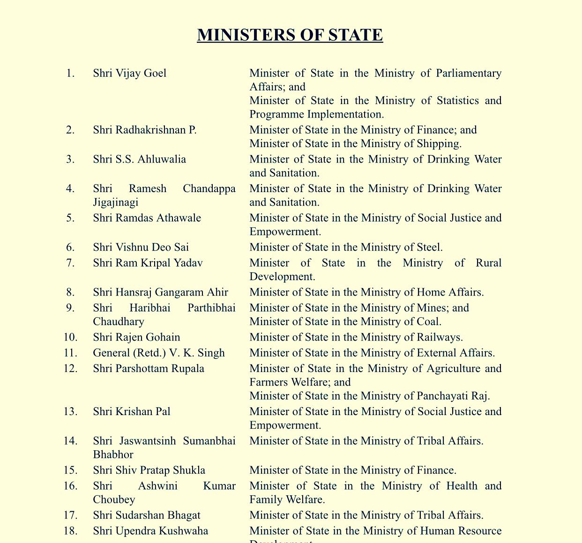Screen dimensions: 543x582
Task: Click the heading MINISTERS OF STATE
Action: (290, 35)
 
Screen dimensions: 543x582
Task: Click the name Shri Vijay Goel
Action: (129, 73)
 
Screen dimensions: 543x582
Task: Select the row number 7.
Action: (70, 263)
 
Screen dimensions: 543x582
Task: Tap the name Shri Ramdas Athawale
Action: (147, 218)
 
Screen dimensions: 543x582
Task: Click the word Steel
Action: (428, 247)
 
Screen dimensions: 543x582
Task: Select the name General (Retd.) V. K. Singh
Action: (159, 353)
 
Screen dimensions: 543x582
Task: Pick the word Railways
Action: (440, 337)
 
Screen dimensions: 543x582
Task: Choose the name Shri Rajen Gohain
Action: (136, 337)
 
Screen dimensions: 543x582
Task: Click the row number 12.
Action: (70, 368)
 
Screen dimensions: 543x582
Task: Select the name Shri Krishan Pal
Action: (132, 411)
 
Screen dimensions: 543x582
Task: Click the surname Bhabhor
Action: (113, 454)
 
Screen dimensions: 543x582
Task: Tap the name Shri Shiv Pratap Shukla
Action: (149, 470)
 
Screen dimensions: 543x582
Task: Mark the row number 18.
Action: (70, 531)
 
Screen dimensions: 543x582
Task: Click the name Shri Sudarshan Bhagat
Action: (147, 515)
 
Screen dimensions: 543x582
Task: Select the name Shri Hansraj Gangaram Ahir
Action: (160, 292)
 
